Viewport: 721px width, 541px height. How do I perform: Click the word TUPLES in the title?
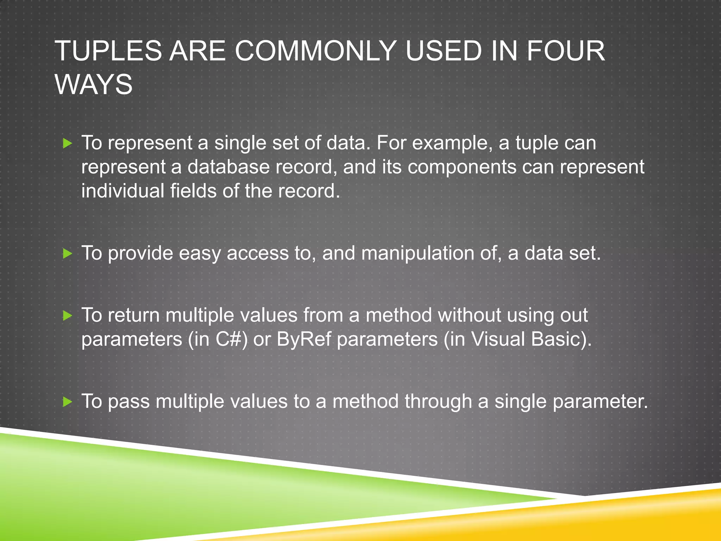pos(108,51)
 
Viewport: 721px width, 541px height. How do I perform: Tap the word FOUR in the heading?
pos(565,51)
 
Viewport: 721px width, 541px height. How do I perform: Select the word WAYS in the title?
pos(94,85)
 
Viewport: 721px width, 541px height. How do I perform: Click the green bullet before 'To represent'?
pos(67,143)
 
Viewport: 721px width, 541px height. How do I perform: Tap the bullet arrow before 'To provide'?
pos(67,254)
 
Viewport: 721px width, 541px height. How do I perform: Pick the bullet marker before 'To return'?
pos(67,316)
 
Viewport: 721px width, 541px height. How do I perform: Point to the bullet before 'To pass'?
pos(67,402)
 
